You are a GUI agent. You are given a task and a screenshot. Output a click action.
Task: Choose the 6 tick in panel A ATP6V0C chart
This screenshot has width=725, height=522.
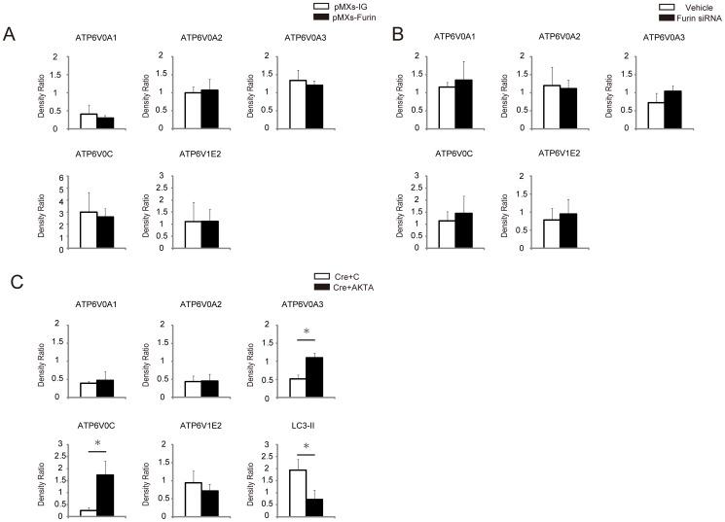click(64, 177)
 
